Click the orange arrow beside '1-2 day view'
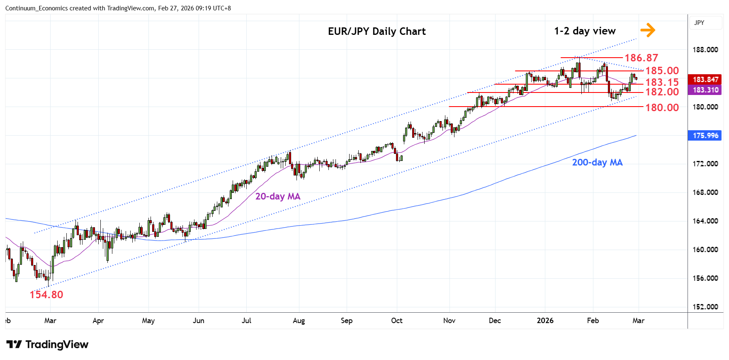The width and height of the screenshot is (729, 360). (647, 30)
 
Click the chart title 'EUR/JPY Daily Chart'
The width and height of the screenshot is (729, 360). (377, 32)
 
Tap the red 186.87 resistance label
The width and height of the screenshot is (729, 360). (641, 58)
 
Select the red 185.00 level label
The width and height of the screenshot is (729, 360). (662, 71)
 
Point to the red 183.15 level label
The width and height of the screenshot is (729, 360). (662, 82)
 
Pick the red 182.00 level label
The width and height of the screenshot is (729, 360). (662, 92)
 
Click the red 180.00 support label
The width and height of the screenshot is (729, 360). (662, 107)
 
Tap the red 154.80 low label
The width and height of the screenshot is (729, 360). (46, 294)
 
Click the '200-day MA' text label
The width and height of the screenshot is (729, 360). (597, 162)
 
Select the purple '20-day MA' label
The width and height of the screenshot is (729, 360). (277, 196)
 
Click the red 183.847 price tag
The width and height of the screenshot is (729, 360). (705, 79)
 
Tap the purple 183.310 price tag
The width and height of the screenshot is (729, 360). (705, 90)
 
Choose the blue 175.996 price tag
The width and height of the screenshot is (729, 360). (705, 136)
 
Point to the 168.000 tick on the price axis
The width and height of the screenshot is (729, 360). (705, 192)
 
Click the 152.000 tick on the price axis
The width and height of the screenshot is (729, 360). (705, 307)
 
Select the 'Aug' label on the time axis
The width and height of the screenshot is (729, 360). (299, 321)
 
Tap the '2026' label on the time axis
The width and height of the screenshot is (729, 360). (545, 321)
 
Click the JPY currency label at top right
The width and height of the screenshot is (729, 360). (699, 23)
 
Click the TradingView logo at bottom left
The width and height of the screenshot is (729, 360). (47, 345)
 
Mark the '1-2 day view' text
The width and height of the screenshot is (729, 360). (585, 31)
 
